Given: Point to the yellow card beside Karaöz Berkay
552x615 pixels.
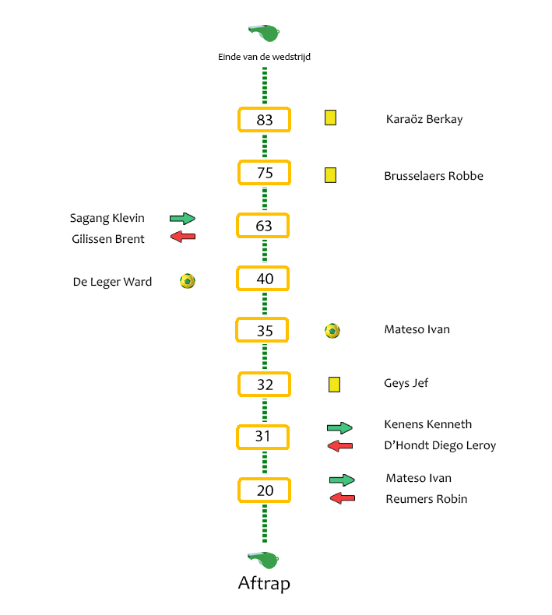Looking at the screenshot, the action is (330, 118).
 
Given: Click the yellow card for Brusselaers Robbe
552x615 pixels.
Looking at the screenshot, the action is (330, 175).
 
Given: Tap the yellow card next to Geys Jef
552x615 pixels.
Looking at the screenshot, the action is (334, 385).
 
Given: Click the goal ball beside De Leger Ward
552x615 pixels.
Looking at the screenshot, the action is (188, 281).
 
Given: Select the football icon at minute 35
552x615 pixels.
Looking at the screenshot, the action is (332, 331).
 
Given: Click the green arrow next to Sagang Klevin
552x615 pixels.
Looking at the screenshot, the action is (182, 219).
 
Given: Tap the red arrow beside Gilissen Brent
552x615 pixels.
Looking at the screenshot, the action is (183, 237).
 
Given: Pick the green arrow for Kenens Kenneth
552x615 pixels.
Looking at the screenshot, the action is (339, 427).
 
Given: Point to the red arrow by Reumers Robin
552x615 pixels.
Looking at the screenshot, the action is (342, 498).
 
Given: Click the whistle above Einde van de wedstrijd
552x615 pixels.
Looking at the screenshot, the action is (264, 33).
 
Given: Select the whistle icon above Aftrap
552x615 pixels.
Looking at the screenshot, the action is (263, 560).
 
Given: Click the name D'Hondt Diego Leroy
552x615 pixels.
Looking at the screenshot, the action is (440, 445).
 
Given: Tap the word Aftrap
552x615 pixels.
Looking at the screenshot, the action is (264, 584).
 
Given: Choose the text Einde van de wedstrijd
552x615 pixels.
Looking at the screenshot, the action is (264, 57).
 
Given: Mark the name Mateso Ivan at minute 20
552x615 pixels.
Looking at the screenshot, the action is (419, 478).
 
